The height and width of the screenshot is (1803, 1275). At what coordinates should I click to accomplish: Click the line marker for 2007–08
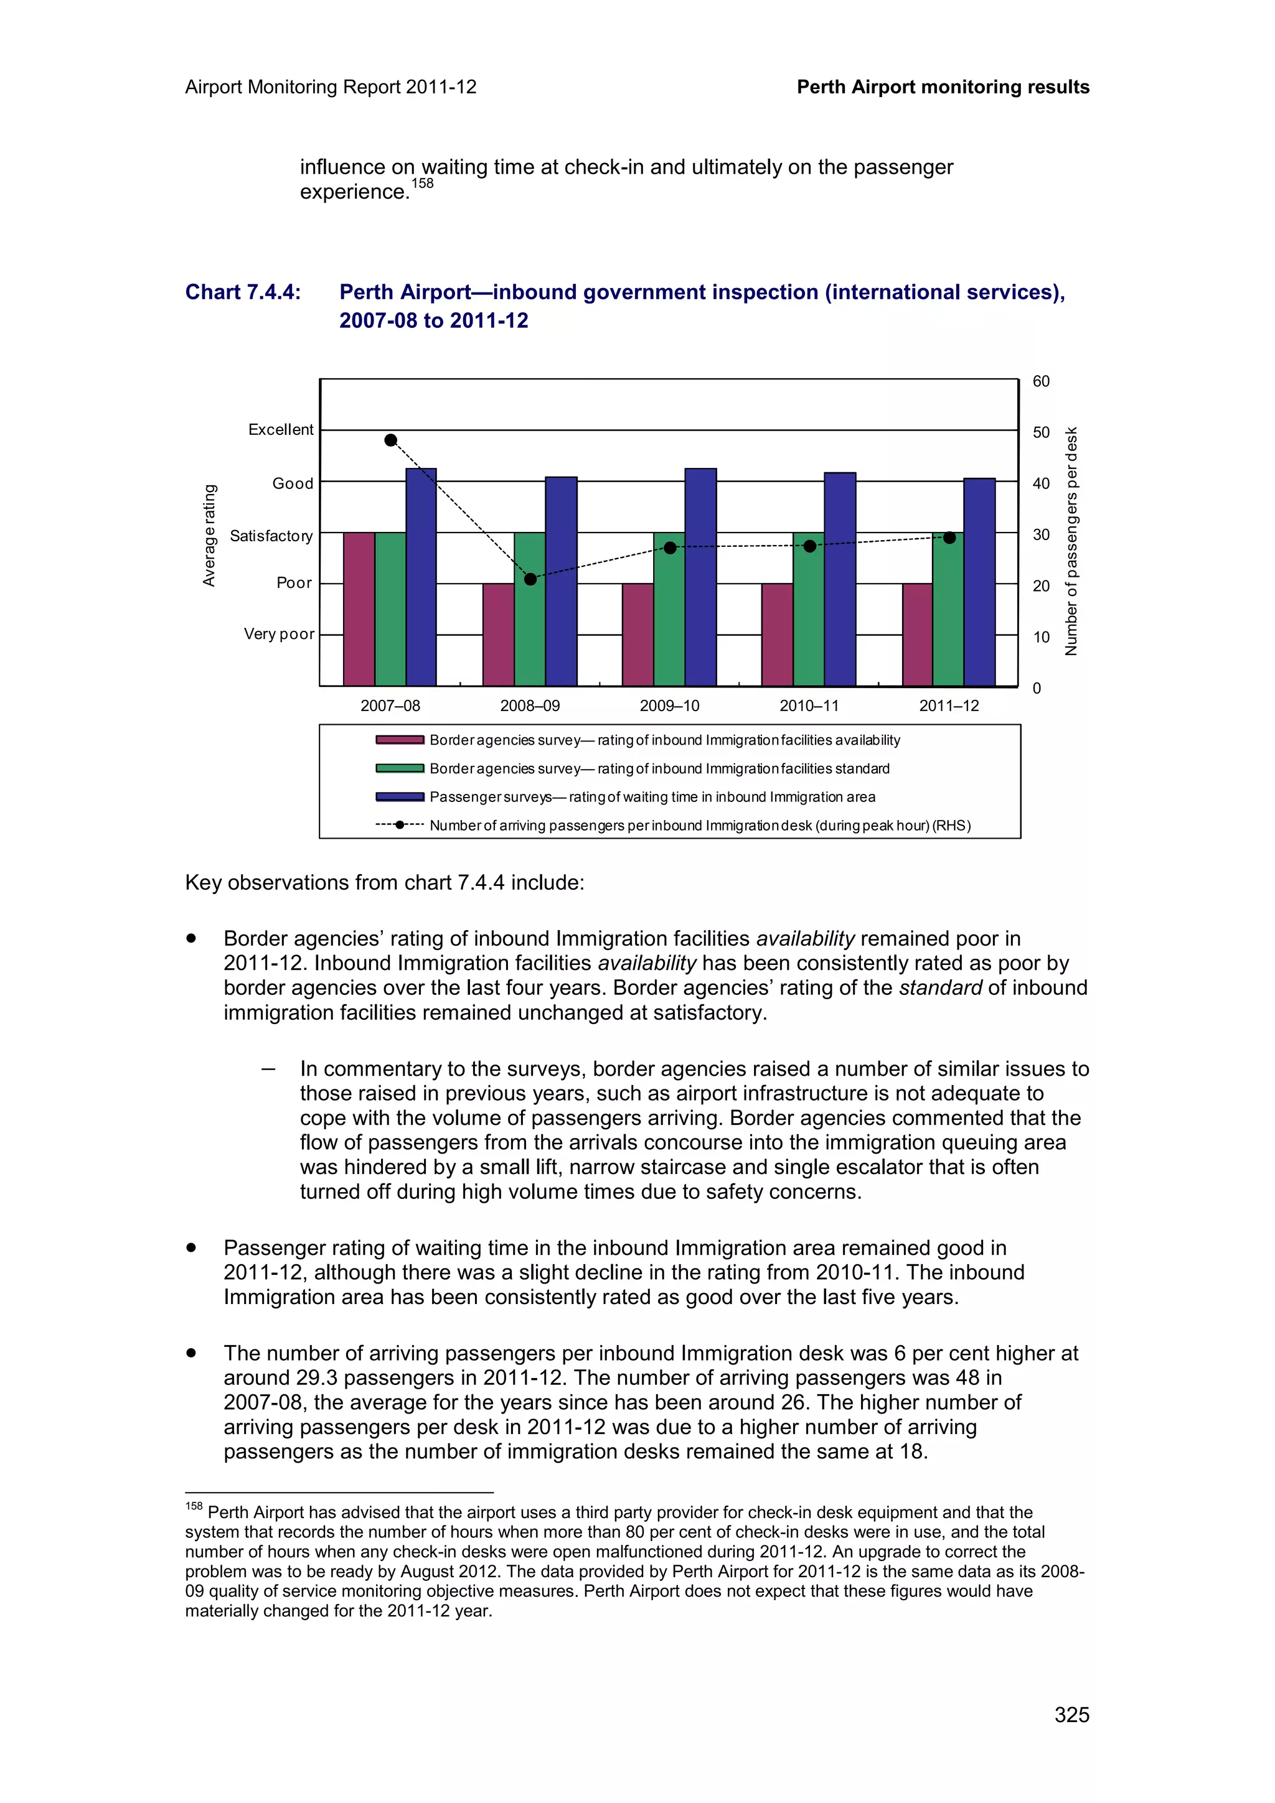tap(390, 440)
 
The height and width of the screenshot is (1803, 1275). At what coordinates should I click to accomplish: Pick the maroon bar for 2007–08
tap(359, 608)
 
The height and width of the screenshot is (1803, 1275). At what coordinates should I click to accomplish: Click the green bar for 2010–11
tap(808, 608)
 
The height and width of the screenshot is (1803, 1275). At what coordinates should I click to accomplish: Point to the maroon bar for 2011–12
tap(917, 635)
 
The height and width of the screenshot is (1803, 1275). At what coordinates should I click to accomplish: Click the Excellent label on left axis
tap(280, 429)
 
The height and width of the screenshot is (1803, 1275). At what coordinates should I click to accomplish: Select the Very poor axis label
tap(279, 634)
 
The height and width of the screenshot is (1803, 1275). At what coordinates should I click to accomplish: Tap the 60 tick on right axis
tap(1041, 381)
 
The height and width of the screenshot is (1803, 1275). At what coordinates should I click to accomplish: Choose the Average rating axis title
tap(209, 535)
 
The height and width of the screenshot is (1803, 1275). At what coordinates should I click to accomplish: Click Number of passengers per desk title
tap(1071, 542)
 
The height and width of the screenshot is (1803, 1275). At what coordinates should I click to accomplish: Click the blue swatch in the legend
tap(400, 797)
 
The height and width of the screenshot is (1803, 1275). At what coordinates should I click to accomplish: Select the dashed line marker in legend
tap(400, 826)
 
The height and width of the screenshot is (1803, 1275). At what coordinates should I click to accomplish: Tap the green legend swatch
tap(400, 769)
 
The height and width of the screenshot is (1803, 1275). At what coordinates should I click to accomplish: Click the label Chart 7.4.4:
tap(243, 292)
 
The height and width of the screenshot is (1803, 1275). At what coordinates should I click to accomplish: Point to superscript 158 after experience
tap(423, 184)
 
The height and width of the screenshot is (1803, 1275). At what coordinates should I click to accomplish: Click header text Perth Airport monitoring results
tap(943, 87)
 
